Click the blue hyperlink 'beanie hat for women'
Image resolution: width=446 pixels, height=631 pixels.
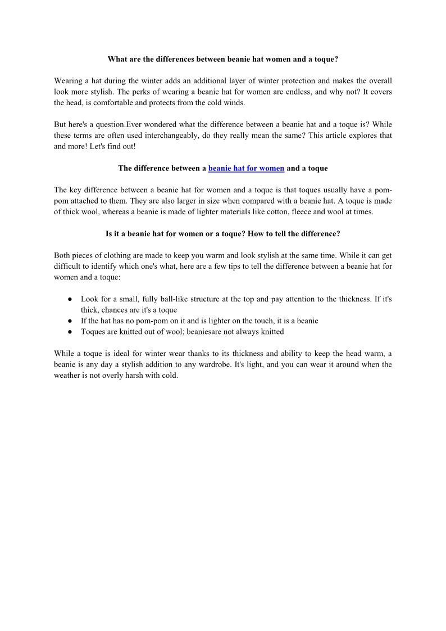[246, 168]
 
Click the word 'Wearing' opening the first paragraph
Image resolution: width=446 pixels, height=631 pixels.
[68, 81]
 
